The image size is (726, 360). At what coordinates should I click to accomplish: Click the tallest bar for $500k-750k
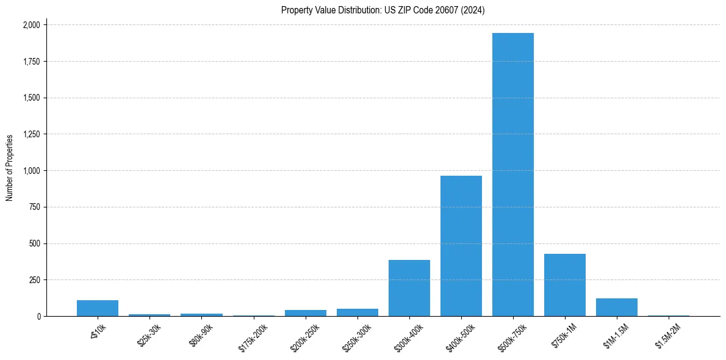pos(513,175)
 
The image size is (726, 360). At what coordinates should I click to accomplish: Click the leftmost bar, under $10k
pos(98,308)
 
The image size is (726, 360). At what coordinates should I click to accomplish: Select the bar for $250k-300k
pos(358,312)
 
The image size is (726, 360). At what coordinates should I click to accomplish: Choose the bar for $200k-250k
pos(306,313)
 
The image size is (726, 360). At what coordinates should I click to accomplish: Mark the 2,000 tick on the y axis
pos(31,25)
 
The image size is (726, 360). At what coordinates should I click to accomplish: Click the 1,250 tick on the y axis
pos(31,134)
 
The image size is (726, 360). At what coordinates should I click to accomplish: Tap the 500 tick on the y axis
pos(35,243)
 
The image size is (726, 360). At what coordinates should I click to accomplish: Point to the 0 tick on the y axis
pos(38,316)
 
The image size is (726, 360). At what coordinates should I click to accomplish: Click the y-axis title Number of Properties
pos(9,168)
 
